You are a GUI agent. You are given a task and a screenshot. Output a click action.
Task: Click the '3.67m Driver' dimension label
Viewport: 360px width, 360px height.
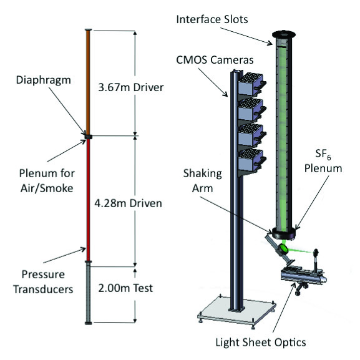pos(131,87)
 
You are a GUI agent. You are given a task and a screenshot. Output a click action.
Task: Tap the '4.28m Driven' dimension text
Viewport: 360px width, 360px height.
pos(129,203)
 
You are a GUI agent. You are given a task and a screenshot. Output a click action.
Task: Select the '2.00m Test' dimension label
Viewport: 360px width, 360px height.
pos(125,288)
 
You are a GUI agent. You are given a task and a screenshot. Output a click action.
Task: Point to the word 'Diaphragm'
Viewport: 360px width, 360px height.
pos(44,81)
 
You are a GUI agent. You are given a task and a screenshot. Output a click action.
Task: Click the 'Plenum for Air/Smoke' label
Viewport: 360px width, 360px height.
pos(47,181)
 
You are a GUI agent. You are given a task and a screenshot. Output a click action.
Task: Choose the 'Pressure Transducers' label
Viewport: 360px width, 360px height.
pos(43,282)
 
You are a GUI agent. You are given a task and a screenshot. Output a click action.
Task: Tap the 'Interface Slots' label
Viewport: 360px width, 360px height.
pos(212,19)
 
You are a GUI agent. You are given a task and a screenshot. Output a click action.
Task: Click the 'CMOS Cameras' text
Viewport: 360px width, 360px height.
pos(215,60)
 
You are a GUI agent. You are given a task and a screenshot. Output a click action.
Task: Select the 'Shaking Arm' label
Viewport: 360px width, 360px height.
pos(203,181)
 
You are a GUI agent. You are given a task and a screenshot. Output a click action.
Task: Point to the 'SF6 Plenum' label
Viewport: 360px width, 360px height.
pos(323,162)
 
